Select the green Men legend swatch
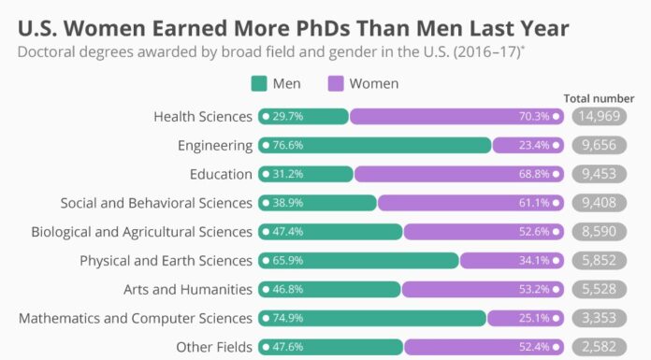pyautogui.click(x=260, y=84)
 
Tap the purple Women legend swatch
pyautogui.click(x=334, y=84)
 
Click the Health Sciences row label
pyautogui.click(x=203, y=116)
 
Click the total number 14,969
pyautogui.click(x=599, y=116)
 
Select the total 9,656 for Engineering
pyautogui.click(x=599, y=145)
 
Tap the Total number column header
pyautogui.click(x=599, y=97)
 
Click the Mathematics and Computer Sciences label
pyautogui.click(x=136, y=318)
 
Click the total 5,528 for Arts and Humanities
pyautogui.click(x=599, y=289)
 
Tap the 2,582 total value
pyautogui.click(x=599, y=347)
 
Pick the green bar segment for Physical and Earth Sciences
pyautogui.click(x=374, y=260)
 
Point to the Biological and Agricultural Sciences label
pyautogui.click(x=141, y=231)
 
